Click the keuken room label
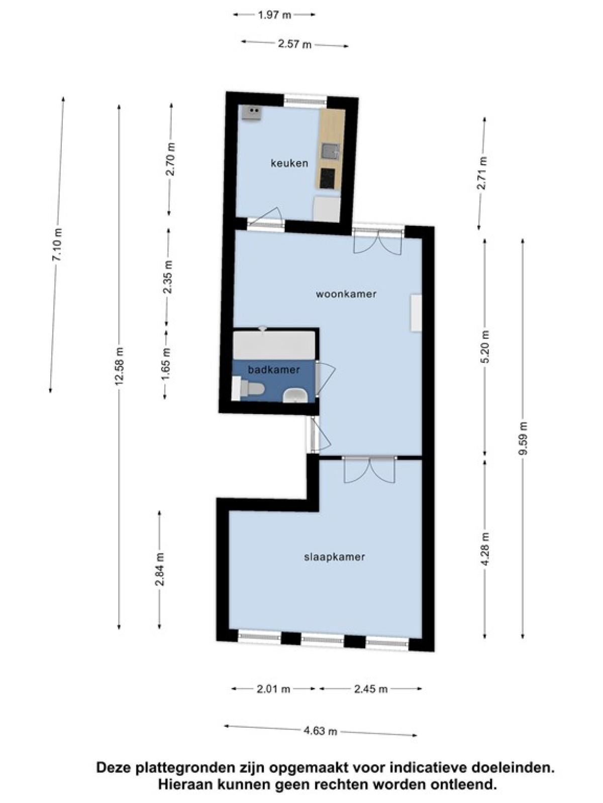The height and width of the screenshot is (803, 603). pyautogui.click(x=289, y=163)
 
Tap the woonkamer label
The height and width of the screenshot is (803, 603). pyautogui.click(x=346, y=294)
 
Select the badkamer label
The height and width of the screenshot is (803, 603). pyautogui.click(x=274, y=369)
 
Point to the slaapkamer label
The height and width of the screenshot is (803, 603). pyautogui.click(x=334, y=557)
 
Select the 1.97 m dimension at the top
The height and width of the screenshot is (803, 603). pyautogui.click(x=274, y=15)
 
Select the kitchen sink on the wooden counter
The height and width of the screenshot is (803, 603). pyautogui.click(x=331, y=152)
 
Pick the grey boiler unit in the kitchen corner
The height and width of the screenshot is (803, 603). pyautogui.click(x=327, y=209)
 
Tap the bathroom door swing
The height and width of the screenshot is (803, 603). pyautogui.click(x=325, y=378)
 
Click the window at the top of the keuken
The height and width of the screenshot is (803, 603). pyautogui.click(x=306, y=100)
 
